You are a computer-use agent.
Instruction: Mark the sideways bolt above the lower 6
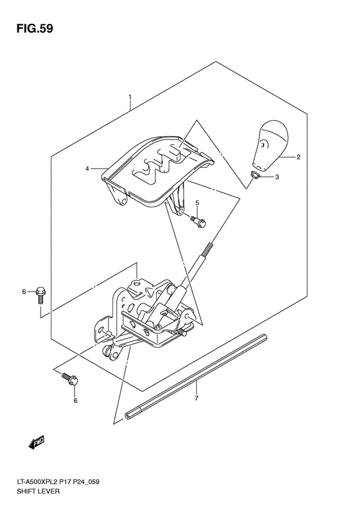[70, 380]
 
